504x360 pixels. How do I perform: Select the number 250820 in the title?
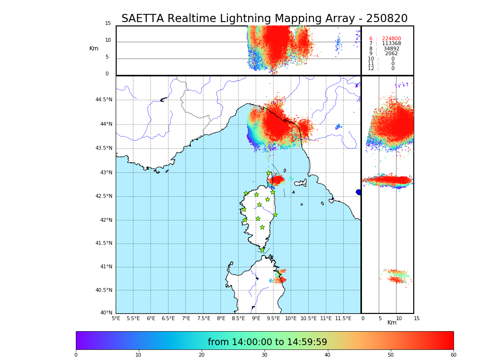pyautogui.click(x=386, y=19)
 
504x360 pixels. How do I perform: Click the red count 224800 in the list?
pyautogui.click(x=391, y=39)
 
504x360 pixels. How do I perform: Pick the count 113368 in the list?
pyautogui.click(x=391, y=44)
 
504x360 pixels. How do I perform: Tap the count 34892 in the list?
pyautogui.click(x=391, y=49)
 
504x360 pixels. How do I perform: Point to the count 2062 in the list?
pyautogui.click(x=391, y=54)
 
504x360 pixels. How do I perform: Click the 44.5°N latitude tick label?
pyautogui.click(x=103, y=100)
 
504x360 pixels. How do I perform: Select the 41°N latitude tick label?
pyautogui.click(x=106, y=267)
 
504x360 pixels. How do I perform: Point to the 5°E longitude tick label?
pyautogui.click(x=116, y=318)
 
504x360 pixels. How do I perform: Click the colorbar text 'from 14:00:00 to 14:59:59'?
pyautogui.click(x=267, y=342)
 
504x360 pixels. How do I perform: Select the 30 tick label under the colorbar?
pyautogui.click(x=264, y=355)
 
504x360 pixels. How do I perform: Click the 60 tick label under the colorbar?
pyautogui.click(x=453, y=355)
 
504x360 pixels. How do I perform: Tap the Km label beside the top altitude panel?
pyautogui.click(x=94, y=48)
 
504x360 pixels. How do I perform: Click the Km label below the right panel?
pyautogui.click(x=392, y=323)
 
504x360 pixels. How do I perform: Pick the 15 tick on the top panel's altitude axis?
pyautogui.click(x=108, y=24)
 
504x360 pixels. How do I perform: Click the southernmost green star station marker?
pyautogui.click(x=262, y=250)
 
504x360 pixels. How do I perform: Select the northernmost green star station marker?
pyautogui.click(x=269, y=173)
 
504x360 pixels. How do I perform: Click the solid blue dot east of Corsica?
pyautogui.click(x=359, y=192)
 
